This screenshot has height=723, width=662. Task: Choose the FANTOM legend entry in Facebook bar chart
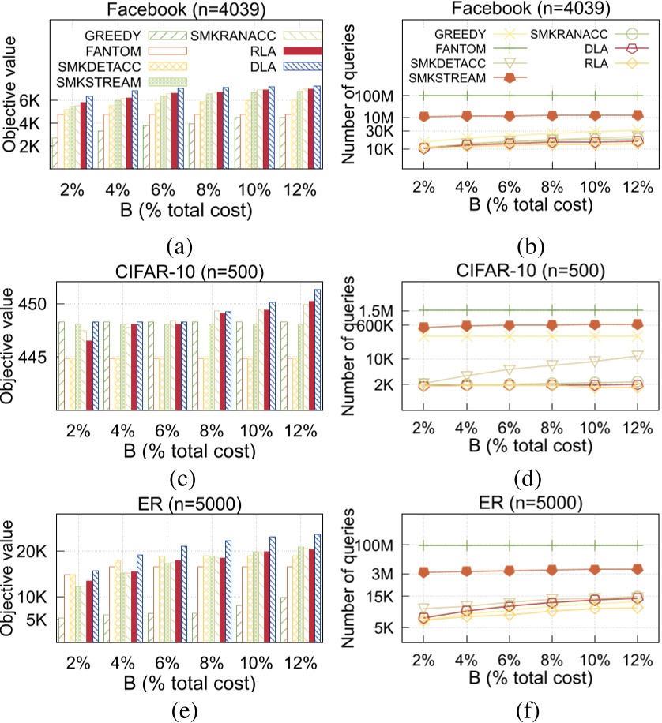click(111, 51)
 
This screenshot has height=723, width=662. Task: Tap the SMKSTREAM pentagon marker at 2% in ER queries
click(423, 572)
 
